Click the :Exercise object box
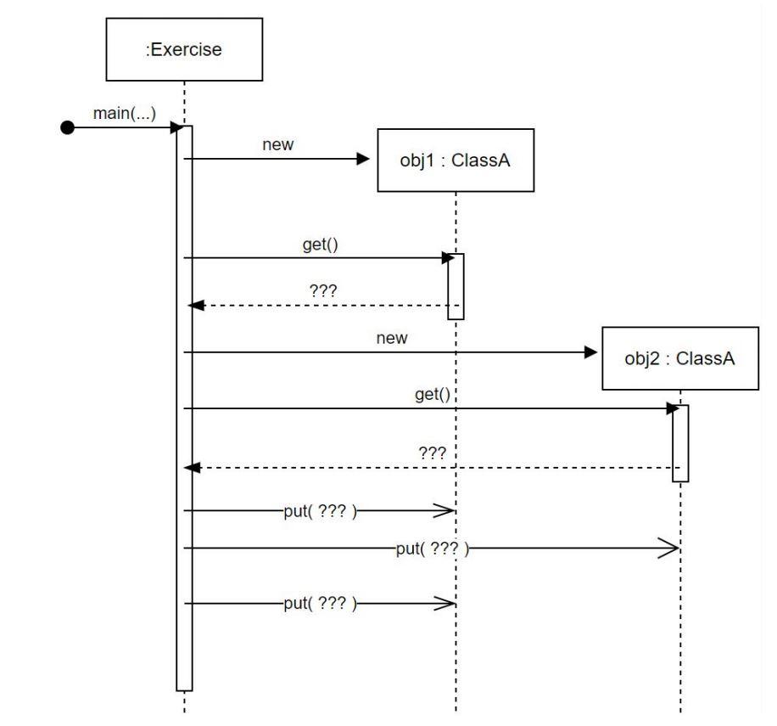click(x=183, y=49)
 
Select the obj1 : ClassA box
click(x=456, y=160)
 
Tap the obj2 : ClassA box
click(x=679, y=358)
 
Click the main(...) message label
click(x=125, y=114)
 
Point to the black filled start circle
click(x=68, y=128)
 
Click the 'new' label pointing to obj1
click(x=278, y=145)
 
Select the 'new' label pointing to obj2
click(x=391, y=338)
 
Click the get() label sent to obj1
click(x=320, y=245)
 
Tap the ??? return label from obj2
click(x=433, y=453)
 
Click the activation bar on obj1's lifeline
click(x=456, y=286)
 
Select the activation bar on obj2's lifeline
click(x=680, y=442)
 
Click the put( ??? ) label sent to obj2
click(x=433, y=549)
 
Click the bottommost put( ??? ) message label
click(x=320, y=604)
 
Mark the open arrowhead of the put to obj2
click(x=668, y=549)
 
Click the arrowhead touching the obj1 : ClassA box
click(x=364, y=159)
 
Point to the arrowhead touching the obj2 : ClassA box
click(x=591, y=352)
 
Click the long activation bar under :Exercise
click(x=184, y=408)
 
